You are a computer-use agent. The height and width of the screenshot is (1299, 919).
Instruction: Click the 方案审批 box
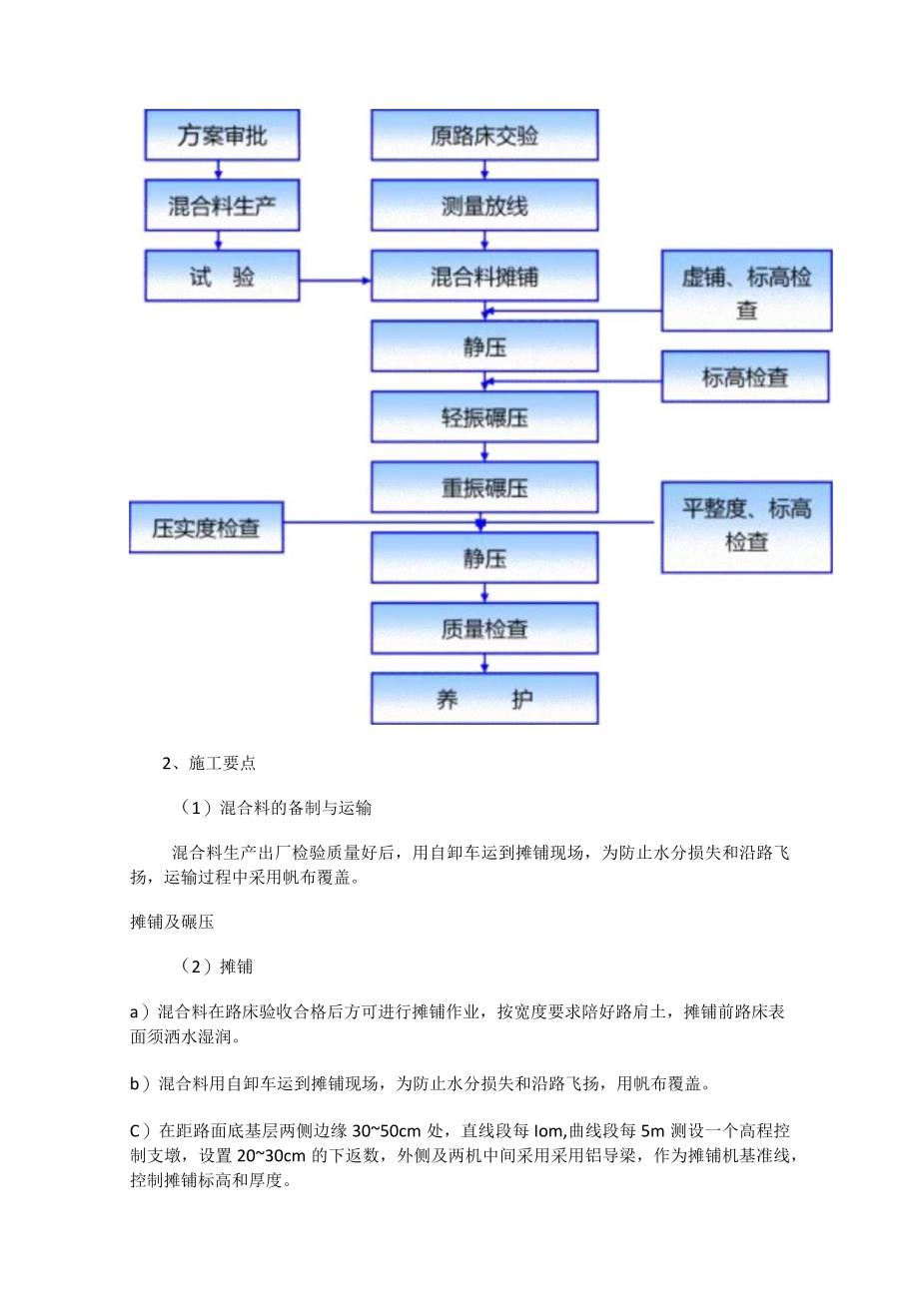(222, 135)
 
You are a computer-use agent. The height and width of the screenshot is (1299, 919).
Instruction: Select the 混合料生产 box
(222, 206)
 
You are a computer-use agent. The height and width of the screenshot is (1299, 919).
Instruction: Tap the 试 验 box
(222, 276)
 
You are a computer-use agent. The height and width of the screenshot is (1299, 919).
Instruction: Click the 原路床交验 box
(484, 135)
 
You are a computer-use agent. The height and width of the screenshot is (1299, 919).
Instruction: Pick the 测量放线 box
(484, 206)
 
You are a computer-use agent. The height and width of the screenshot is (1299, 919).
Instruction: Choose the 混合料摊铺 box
(484, 276)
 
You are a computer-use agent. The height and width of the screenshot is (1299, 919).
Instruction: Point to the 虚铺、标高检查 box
(746, 291)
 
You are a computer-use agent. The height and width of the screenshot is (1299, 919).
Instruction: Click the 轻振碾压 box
(484, 416)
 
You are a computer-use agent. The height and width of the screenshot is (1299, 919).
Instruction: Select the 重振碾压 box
(484, 487)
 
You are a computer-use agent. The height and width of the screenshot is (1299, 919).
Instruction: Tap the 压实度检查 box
(207, 528)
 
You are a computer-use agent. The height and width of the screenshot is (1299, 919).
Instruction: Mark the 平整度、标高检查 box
(746, 526)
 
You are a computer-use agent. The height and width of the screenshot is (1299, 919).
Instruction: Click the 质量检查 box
(484, 628)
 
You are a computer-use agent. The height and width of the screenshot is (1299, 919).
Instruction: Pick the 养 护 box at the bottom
(484, 698)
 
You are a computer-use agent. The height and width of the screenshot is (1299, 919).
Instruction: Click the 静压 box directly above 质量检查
(484, 557)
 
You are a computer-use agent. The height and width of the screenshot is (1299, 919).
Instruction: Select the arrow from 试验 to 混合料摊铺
(335, 281)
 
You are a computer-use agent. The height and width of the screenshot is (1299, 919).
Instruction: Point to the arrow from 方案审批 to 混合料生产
(219, 170)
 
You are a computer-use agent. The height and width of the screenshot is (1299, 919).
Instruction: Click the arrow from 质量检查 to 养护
(484, 663)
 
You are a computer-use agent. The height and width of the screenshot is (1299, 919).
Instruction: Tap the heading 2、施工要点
(209, 764)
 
